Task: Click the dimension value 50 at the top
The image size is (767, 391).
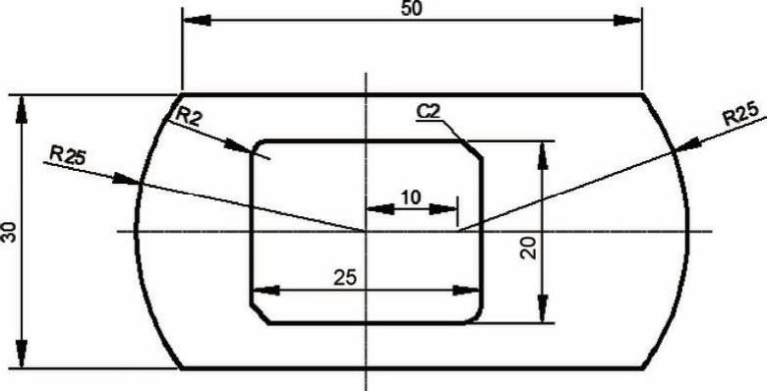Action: pos(411,8)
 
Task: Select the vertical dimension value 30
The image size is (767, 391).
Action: pos(10,232)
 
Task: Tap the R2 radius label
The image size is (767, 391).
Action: pos(187,117)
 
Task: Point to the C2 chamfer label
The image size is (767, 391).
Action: pos(429,112)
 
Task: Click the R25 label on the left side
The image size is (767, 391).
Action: pos(68,155)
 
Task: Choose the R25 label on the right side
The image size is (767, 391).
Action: pos(741,115)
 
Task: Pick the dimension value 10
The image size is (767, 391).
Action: pos(410,197)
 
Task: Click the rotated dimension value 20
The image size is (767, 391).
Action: pos(529,248)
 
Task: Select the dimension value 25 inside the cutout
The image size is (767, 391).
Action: pos(345,278)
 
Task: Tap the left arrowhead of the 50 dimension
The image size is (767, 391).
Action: pos(197,21)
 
